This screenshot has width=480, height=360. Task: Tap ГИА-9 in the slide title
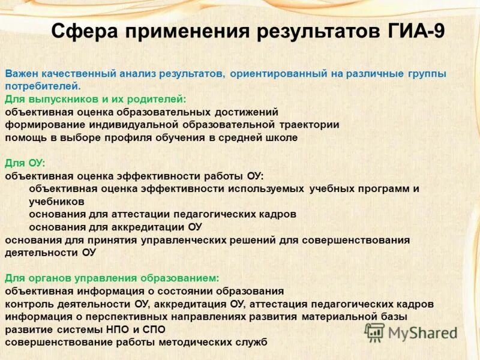tap(413, 31)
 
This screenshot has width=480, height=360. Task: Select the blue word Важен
tap(23, 74)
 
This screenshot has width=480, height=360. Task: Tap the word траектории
tap(308, 125)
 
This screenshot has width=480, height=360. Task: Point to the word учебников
tap(56, 202)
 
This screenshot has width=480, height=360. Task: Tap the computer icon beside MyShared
tap(374, 332)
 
